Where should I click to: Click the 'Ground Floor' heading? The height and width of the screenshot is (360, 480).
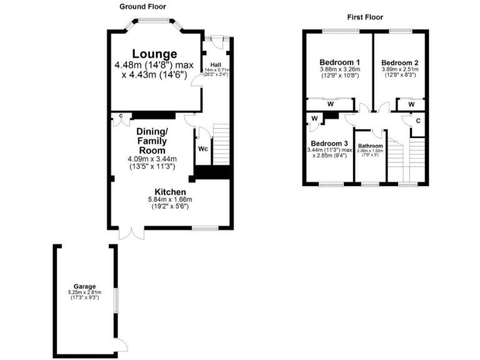(142, 6)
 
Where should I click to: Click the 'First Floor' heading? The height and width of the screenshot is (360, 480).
(365, 17)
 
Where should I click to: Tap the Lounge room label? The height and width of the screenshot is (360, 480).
(154, 54)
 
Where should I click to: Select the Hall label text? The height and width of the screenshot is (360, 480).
(216, 64)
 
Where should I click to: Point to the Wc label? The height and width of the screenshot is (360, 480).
(203, 149)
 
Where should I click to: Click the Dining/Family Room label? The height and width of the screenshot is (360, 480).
(152, 141)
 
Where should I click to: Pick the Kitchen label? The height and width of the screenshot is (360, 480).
(169, 192)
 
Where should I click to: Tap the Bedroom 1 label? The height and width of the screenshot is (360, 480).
(339, 62)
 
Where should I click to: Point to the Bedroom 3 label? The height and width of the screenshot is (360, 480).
(327, 143)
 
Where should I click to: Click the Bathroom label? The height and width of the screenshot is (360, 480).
(370, 146)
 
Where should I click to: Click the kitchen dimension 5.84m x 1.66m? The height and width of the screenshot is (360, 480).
(169, 200)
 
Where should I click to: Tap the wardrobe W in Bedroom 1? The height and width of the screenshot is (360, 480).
(329, 104)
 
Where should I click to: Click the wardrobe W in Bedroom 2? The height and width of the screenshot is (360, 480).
(411, 104)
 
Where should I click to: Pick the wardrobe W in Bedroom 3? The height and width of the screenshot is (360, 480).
(314, 118)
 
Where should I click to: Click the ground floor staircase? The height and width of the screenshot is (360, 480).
(222, 144)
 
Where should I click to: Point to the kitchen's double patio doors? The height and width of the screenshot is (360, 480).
(134, 233)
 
